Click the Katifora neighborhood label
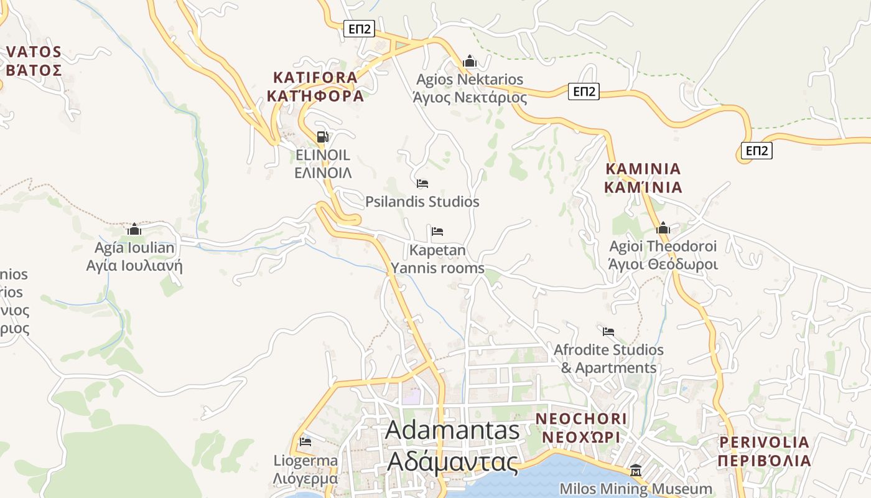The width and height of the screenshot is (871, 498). [x=315, y=87]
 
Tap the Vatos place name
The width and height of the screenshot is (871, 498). [x=34, y=60]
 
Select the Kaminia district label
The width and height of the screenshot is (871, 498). [x=643, y=178]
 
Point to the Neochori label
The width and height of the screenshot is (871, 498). [x=581, y=427]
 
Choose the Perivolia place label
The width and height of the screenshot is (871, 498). [x=764, y=451]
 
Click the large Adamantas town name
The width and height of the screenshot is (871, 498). [x=452, y=446]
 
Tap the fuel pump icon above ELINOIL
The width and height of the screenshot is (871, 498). [x=322, y=137]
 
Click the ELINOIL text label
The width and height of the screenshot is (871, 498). [x=322, y=164]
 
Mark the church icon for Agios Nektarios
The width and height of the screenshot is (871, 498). [x=470, y=62]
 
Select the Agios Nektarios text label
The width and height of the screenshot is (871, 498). [x=470, y=88]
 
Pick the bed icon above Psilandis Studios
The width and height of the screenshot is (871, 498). [x=422, y=184]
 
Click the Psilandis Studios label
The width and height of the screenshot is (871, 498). [x=422, y=202]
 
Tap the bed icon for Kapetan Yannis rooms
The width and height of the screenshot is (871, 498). [x=437, y=232]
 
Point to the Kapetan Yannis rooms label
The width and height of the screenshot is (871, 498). [x=437, y=259]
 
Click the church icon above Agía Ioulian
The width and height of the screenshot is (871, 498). [x=134, y=229]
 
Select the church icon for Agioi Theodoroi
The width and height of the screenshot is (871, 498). [x=663, y=228]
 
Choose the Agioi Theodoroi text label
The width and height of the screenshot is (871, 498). [x=663, y=255]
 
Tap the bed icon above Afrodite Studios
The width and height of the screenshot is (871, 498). [x=608, y=331]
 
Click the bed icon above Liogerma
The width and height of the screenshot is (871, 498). [x=305, y=442]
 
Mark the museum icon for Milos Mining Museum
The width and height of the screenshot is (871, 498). [x=636, y=469]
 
